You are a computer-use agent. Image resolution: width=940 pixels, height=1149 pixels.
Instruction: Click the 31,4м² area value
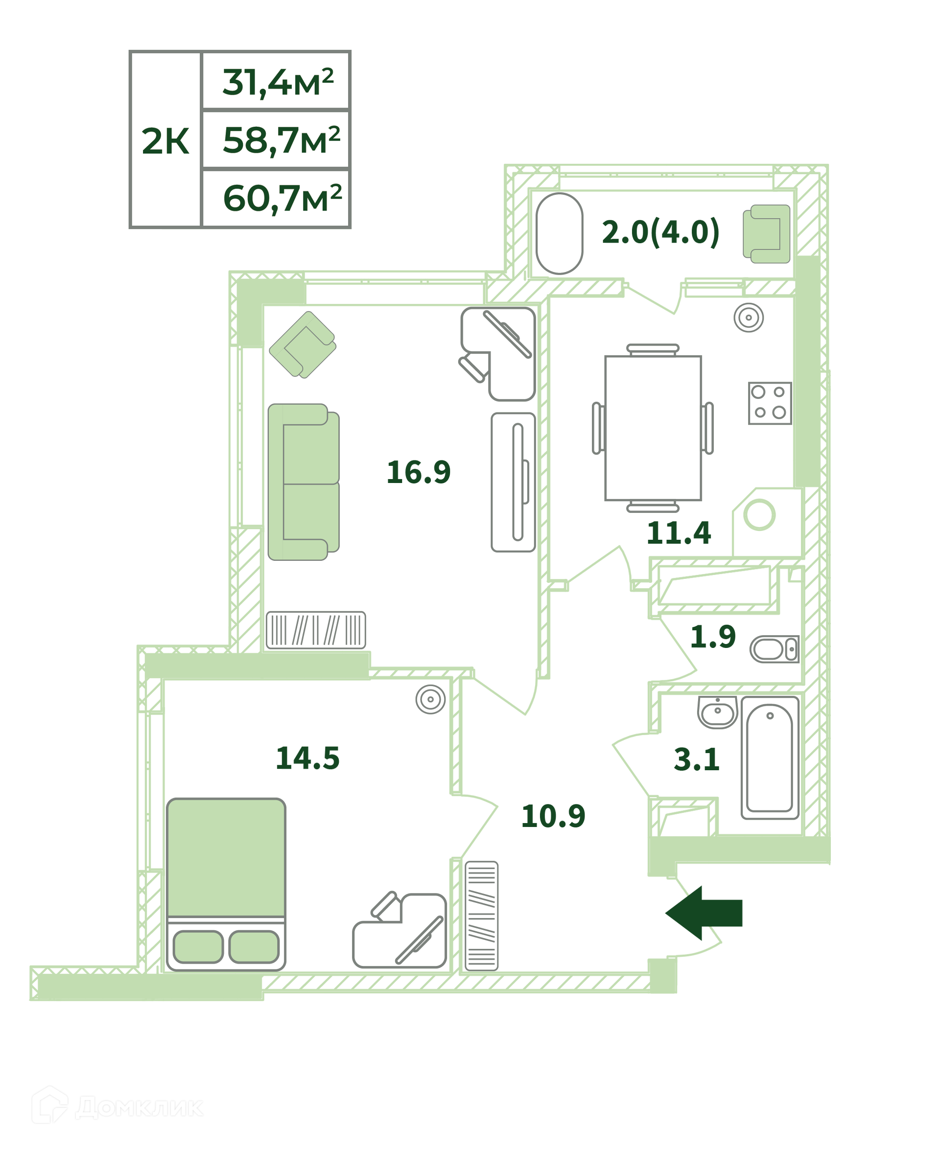tap(278, 82)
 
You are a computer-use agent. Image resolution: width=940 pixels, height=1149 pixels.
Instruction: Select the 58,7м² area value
tap(281, 140)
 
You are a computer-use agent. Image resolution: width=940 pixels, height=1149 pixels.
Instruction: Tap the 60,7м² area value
tap(282, 198)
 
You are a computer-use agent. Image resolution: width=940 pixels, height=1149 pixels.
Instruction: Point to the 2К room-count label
tap(165, 141)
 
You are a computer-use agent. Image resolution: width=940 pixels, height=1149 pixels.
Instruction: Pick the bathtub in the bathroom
tap(770, 758)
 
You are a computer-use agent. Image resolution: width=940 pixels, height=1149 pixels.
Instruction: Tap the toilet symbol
tap(774, 649)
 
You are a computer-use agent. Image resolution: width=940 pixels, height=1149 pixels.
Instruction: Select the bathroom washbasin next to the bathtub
tap(717, 712)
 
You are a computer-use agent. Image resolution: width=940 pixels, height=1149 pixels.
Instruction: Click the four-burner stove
tap(770, 403)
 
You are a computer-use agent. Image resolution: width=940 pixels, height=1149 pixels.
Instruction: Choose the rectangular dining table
tap(653, 428)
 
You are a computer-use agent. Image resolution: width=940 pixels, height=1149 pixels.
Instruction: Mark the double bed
tap(226, 884)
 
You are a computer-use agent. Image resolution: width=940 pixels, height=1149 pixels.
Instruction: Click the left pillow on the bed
tap(198, 947)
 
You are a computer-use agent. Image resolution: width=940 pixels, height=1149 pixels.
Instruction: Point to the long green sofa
tap(303, 482)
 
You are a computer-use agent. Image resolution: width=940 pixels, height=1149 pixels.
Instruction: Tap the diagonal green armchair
tap(302, 345)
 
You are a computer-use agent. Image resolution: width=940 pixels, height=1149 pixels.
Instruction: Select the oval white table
tap(559, 233)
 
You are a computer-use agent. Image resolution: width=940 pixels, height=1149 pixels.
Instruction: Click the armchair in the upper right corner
tap(766, 234)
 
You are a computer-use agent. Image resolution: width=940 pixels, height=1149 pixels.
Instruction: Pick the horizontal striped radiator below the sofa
tap(316, 630)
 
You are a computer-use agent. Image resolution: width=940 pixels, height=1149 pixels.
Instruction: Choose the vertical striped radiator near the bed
tap(481, 916)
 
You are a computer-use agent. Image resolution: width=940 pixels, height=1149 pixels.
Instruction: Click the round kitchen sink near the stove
tap(748, 317)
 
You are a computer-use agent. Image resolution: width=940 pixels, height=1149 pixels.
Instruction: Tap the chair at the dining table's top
tap(653, 349)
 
